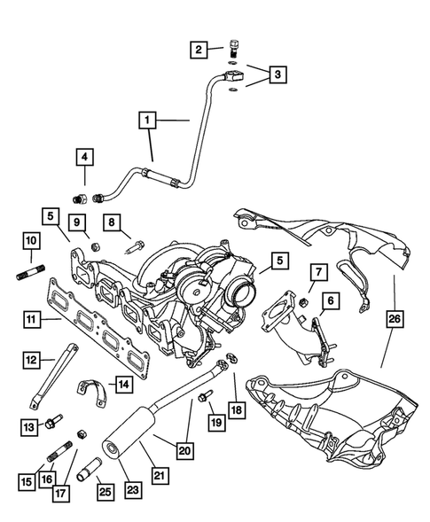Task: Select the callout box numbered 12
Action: click(x=31, y=359)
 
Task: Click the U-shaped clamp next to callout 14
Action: click(x=92, y=387)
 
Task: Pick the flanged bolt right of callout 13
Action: click(x=55, y=422)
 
